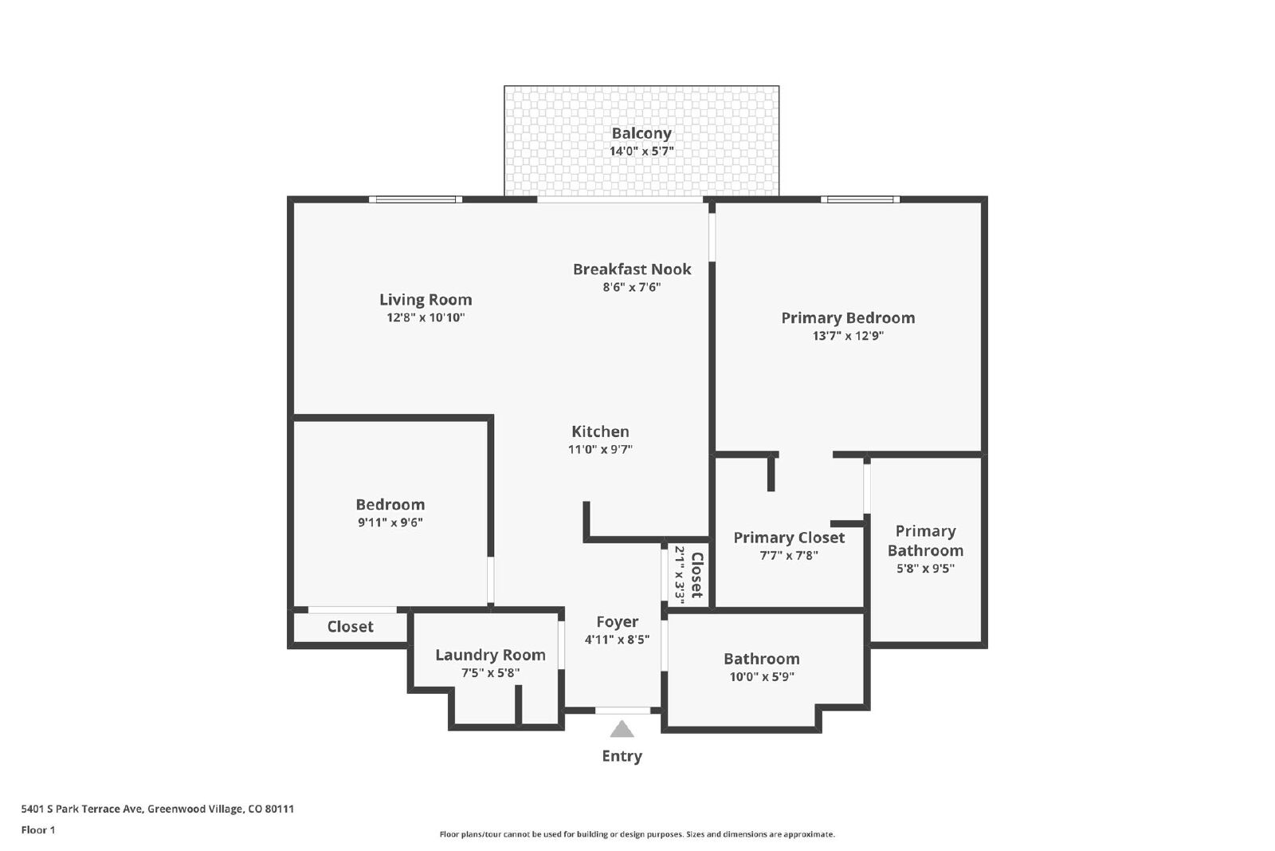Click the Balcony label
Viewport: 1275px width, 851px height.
click(641, 133)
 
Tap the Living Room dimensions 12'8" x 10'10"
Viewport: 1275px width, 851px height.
click(426, 317)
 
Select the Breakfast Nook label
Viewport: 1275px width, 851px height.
click(632, 269)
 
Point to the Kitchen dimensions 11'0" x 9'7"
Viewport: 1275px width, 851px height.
click(600, 449)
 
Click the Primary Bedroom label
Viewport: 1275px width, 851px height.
click(848, 318)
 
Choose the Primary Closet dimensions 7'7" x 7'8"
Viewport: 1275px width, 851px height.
click(789, 555)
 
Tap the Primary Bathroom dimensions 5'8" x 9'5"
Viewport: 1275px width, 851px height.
click(925, 568)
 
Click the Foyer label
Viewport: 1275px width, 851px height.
click(617, 621)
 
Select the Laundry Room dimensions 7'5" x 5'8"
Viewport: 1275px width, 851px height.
click(490, 672)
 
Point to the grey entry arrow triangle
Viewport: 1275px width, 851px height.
click(622, 730)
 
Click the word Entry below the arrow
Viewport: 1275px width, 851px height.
click(622, 756)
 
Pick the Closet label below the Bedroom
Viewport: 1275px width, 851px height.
click(350, 627)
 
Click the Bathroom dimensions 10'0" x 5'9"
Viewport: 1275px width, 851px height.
click(762, 676)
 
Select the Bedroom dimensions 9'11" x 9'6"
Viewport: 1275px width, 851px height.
click(390, 522)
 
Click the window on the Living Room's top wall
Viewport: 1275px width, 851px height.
click(415, 199)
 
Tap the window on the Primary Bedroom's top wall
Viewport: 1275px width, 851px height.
click(860, 199)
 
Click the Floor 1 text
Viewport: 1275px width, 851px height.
click(38, 830)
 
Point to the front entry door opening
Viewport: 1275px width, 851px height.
click(622, 711)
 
